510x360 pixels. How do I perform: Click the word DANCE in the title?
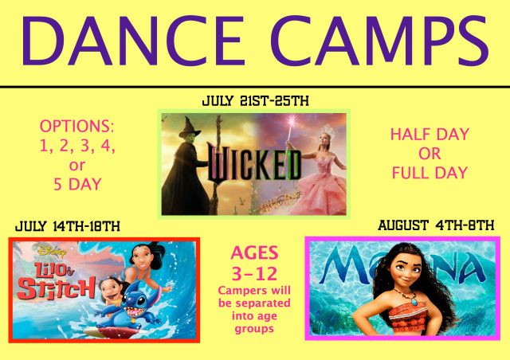133,41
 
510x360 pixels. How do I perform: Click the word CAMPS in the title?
379,41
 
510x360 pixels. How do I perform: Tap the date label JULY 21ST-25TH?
255,101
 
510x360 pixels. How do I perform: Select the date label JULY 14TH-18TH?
68,226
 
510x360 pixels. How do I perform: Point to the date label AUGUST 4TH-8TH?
436,225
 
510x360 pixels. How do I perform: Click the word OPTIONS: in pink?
77,126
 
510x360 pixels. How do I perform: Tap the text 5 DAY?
77,185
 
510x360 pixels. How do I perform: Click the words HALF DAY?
430,135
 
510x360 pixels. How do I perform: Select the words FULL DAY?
430,173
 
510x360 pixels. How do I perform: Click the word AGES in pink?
254,252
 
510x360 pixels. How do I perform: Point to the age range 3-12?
254,273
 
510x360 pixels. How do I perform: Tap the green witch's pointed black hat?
190,127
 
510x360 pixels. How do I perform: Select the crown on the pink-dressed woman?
328,131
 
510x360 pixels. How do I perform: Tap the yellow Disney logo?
51,251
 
